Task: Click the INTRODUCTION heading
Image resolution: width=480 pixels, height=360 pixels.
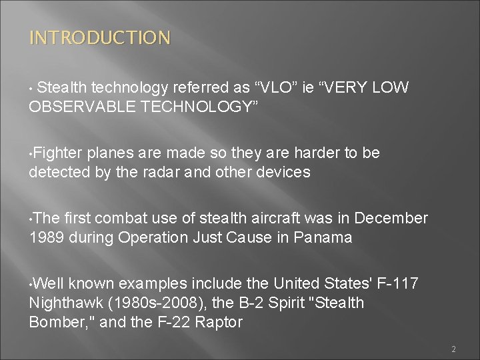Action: coord(99,37)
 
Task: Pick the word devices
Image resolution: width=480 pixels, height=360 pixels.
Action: coord(285,172)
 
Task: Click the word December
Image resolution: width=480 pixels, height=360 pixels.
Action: coord(391,219)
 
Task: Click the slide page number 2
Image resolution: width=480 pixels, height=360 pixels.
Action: coord(453,349)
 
